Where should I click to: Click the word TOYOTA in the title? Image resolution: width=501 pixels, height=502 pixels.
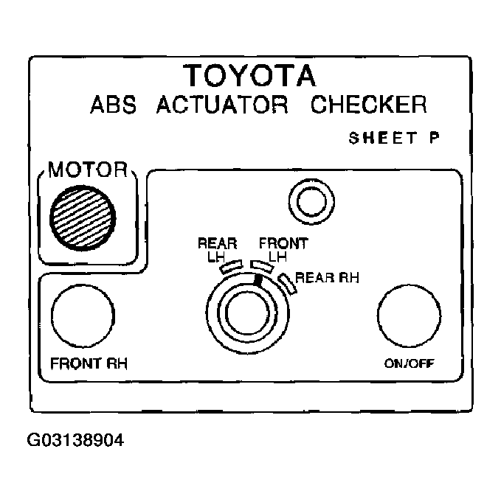point(249,76)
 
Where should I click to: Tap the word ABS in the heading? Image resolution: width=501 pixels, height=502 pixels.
point(115,104)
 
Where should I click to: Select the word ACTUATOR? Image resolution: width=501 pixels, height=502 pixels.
point(221,104)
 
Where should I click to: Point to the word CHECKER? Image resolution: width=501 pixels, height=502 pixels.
point(367,104)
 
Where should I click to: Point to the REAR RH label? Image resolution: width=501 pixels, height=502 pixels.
point(327,278)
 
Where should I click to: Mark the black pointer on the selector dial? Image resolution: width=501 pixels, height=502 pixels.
point(257,280)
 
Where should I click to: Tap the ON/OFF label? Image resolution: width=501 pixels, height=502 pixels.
point(409,363)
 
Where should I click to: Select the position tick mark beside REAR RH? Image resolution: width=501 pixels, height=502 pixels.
point(286,282)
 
